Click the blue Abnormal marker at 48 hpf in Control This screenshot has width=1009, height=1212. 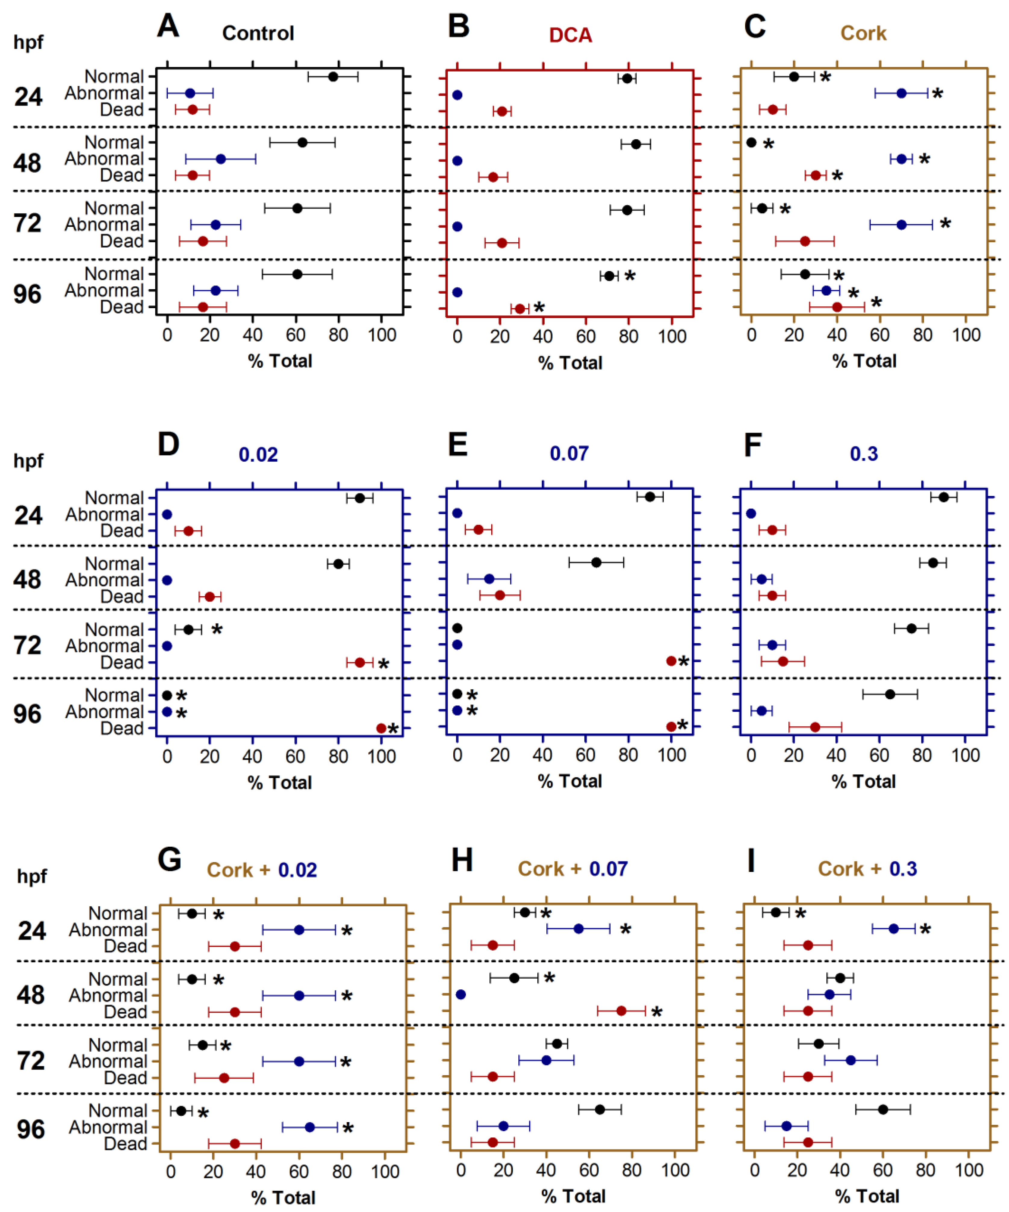click(221, 159)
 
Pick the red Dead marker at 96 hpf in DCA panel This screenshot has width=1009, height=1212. click(520, 309)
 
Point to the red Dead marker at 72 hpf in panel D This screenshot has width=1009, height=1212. click(360, 662)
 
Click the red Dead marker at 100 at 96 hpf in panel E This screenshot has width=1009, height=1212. click(671, 727)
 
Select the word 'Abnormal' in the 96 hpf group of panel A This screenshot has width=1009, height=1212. click(104, 290)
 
